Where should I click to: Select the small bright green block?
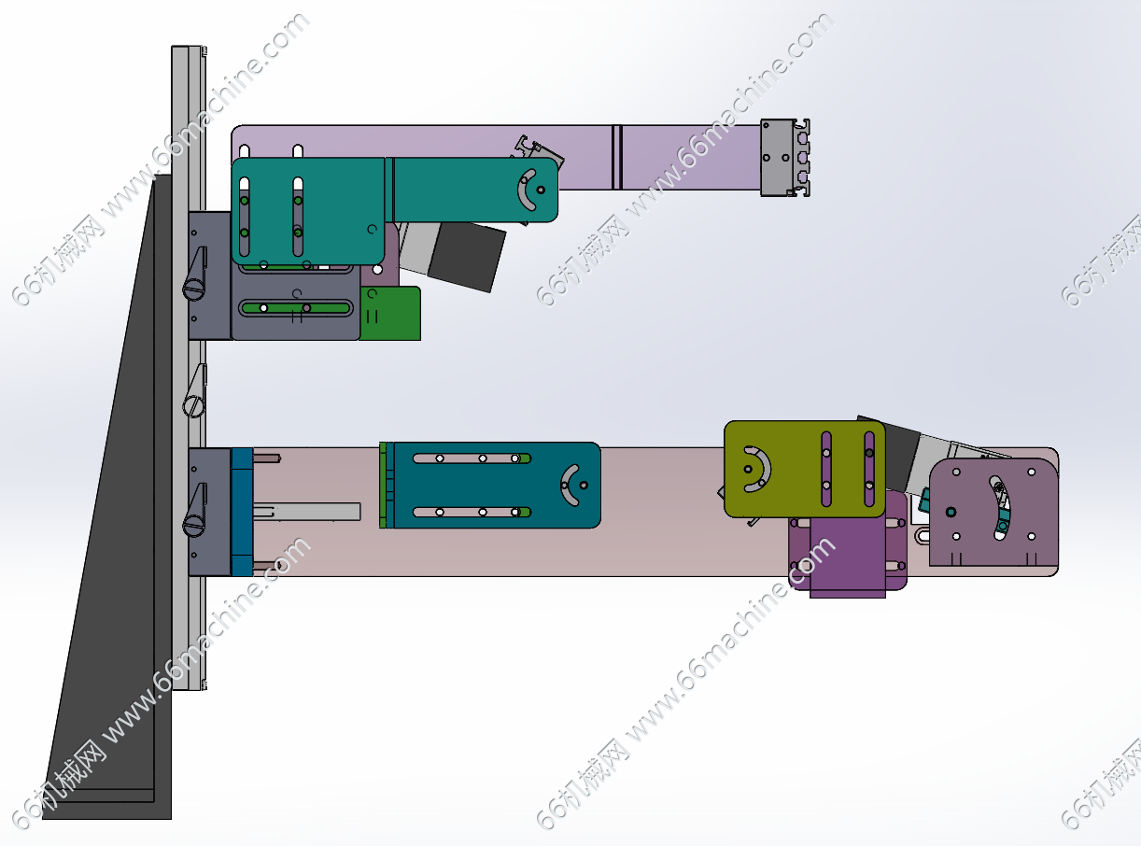coord(391,314)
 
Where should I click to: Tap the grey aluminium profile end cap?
coord(785,158)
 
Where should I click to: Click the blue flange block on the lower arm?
coord(242,512)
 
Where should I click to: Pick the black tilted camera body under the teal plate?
coord(467,256)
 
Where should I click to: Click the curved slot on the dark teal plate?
coord(569,486)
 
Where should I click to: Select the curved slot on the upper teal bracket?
coord(526,190)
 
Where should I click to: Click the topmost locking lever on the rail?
coord(195,274)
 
